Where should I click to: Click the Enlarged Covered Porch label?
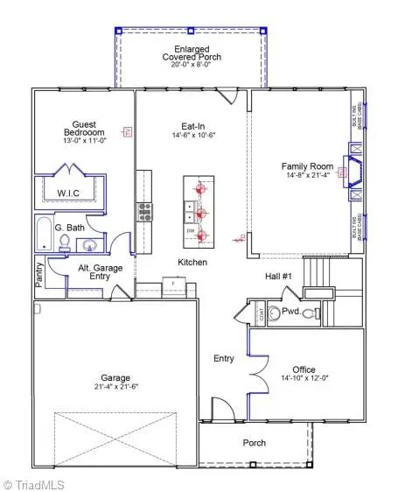(192, 52)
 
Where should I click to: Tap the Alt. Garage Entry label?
(99, 273)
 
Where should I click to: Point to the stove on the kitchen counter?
(143, 212)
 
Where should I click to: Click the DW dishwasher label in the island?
(190, 230)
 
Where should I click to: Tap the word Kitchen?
(192, 262)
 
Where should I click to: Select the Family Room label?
(306, 165)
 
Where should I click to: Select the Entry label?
(224, 358)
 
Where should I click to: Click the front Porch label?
(254, 443)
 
